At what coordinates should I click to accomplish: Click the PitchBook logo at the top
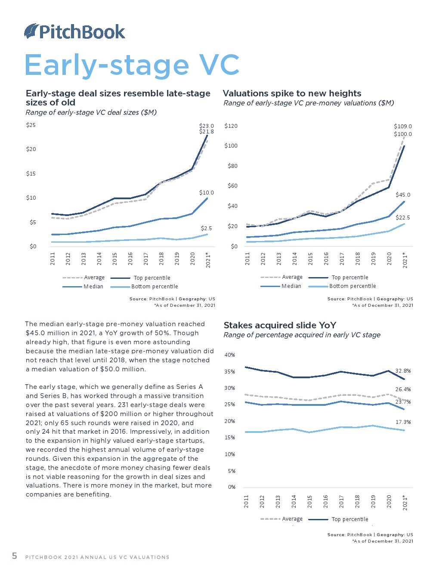[x=74, y=31]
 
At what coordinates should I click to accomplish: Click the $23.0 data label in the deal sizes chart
[x=206, y=126]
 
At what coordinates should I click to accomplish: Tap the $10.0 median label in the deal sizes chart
[x=206, y=192]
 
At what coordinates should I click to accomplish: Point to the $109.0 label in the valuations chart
[x=402, y=127]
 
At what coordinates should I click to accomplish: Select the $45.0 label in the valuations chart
[x=403, y=195]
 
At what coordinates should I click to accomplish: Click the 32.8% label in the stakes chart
[x=403, y=370]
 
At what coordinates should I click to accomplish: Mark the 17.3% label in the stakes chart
[x=403, y=422]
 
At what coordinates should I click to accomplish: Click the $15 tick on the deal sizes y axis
[x=31, y=174]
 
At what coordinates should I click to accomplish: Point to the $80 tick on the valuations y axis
[x=232, y=166]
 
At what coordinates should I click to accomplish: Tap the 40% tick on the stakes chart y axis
[x=230, y=355]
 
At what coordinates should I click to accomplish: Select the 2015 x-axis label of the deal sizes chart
[x=115, y=259]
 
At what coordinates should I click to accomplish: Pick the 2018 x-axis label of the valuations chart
[x=358, y=259]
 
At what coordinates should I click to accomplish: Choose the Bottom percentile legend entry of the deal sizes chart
[x=155, y=287]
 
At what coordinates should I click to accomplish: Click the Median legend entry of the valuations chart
[x=291, y=286]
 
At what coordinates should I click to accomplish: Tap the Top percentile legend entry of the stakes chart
[x=349, y=519]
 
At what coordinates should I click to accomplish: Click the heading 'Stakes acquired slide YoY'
[x=280, y=325]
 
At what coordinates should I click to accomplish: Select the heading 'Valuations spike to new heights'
[x=292, y=93]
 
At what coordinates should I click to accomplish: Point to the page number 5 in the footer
[x=15, y=556]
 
